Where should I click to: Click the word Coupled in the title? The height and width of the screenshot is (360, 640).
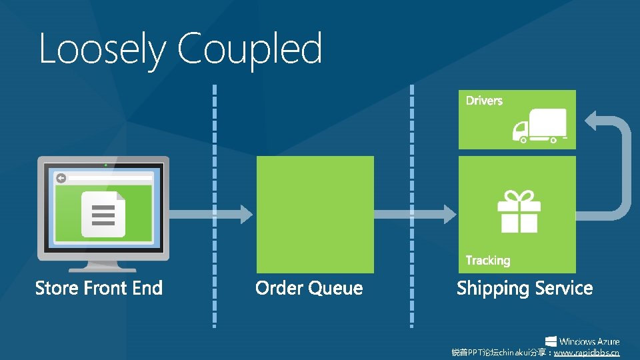pos(250,50)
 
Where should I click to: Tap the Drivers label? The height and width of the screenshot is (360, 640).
pos(484,101)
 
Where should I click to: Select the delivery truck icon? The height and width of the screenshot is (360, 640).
pos(539,126)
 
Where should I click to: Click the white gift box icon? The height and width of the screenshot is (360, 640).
pos(519,211)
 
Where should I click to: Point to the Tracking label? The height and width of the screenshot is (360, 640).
pos(488,260)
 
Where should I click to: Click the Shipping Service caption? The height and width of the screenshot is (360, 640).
pos(525,288)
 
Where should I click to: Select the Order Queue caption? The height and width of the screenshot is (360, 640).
pos(309,288)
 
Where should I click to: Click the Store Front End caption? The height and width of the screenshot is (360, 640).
pos(99,288)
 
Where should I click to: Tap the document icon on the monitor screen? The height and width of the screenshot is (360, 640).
pos(103,213)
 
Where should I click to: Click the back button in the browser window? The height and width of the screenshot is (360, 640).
pos(61,178)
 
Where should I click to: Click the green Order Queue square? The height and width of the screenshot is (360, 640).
pos(315,214)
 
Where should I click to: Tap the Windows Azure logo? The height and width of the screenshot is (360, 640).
pos(582,341)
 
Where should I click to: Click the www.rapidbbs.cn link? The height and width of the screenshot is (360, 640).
pos(587,353)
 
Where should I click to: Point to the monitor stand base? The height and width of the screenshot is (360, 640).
pos(103,268)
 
